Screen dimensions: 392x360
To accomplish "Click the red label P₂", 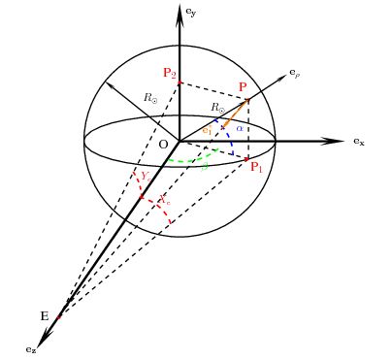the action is pyautogui.click(x=169, y=73).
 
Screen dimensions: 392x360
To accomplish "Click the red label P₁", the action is pyautogui.click(x=257, y=168).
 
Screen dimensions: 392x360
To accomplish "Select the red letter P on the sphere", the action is pyautogui.click(x=243, y=87).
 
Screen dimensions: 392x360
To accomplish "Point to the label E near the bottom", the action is pyautogui.click(x=44, y=316).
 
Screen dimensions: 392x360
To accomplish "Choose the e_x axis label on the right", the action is pyautogui.click(x=358, y=142).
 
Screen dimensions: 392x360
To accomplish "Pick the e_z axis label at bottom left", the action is pyautogui.click(x=32, y=347).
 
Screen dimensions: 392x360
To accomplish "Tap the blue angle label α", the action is pyautogui.click(x=239, y=127).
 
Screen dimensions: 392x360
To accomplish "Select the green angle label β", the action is pyautogui.click(x=205, y=166).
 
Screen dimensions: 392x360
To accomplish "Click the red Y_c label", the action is pyautogui.click(x=145, y=176).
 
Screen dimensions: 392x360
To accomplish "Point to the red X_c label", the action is pyautogui.click(x=165, y=201).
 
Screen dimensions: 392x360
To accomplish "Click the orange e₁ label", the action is pyautogui.click(x=207, y=130).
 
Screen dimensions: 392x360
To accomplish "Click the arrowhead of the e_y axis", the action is pyautogui.click(x=180, y=9).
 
